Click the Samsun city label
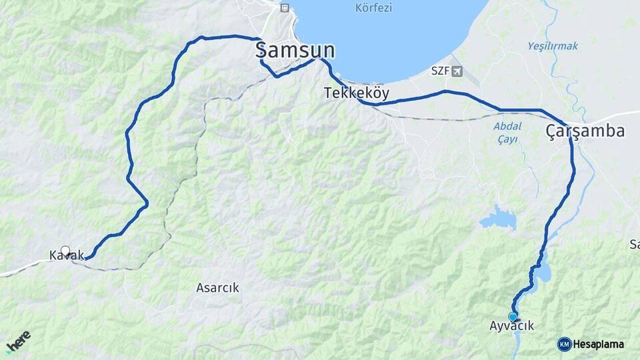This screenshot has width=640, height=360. [295, 50]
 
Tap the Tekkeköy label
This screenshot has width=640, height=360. [356, 93]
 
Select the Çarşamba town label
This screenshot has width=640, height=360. [585, 131]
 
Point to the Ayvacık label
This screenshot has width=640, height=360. [512, 326]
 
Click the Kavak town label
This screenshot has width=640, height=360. [67, 255]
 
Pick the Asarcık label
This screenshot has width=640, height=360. [217, 288]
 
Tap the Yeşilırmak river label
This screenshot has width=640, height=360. [553, 46]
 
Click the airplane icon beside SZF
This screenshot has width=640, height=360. [456, 71]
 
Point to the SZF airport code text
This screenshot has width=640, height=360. [440, 71]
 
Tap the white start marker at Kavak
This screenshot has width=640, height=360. [65, 251]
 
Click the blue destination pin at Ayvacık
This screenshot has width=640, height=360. [512, 316]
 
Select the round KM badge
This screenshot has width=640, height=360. [564, 344]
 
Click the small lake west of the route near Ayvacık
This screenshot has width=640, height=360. [498, 218]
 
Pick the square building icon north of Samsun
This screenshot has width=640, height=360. [285, 7]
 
